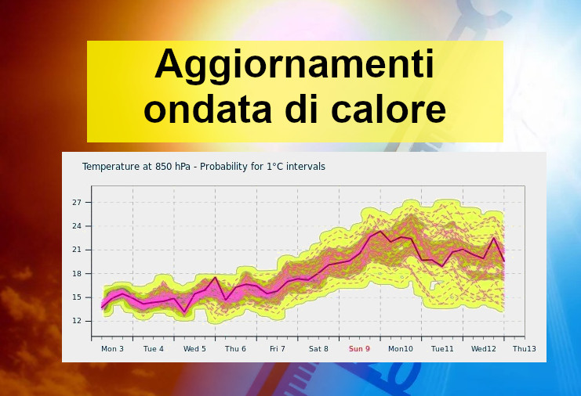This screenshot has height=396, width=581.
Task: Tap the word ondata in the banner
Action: tap(208, 109)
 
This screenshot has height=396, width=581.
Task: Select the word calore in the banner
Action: tap(388, 109)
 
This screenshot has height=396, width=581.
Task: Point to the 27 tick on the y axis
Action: tap(77, 202)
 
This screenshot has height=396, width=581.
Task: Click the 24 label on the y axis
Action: tap(77, 226)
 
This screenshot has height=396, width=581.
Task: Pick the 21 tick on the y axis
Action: tap(77, 250)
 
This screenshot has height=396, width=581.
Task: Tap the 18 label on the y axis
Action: tap(77, 274)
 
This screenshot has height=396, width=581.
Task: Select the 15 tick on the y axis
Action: tap(77, 297)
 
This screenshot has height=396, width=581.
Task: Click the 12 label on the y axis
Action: tap(77, 321)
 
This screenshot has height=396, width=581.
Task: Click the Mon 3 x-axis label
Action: tap(112, 349)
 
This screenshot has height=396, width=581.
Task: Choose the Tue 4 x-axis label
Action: tap(154, 349)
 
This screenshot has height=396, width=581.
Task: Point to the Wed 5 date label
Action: tap(194, 349)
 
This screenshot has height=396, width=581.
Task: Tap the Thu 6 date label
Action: tap(235, 349)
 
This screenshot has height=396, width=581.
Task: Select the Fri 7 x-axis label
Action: tap(278, 349)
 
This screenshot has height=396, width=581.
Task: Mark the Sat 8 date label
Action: tap(318, 349)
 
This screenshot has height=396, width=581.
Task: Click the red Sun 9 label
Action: tap(359, 349)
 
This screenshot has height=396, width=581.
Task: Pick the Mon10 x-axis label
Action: tap(401, 349)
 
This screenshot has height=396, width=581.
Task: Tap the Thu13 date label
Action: tap(525, 349)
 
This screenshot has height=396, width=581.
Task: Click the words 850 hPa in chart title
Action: tap(172, 167)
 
